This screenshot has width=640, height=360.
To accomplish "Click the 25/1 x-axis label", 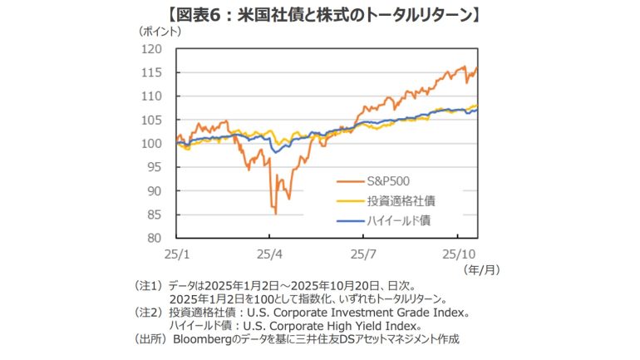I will (x=176, y=250).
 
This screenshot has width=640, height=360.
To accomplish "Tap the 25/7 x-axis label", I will (x=365, y=250).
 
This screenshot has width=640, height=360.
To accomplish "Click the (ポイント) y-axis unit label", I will (x=158, y=31).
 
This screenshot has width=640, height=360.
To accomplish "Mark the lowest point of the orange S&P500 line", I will (x=275, y=214).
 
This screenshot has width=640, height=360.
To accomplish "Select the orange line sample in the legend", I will (x=349, y=180).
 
